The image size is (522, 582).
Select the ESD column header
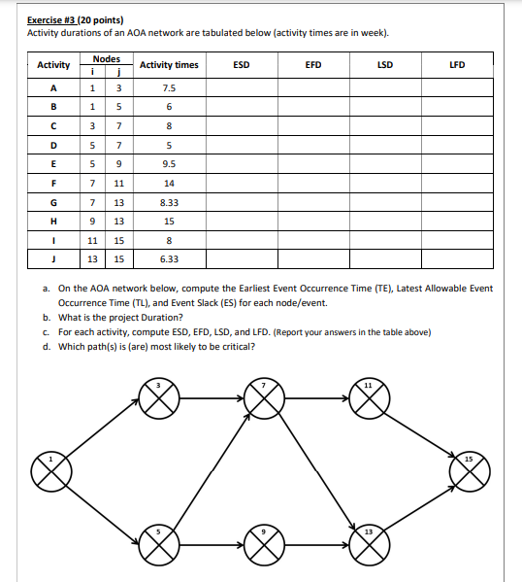[242, 65]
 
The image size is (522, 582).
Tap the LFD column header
[457, 65]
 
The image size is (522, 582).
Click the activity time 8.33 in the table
[169, 202]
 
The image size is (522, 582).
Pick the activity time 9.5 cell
[169, 163]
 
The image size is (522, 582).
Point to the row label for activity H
[52, 221]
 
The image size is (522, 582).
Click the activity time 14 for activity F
[169, 183]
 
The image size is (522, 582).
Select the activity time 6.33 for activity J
[169, 259]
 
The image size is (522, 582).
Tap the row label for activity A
[52, 86]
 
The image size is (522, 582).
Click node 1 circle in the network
[49, 472]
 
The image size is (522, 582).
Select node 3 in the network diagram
[163, 397]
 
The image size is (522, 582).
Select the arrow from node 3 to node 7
[214, 397]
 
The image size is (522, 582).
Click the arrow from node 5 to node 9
[214, 545]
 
